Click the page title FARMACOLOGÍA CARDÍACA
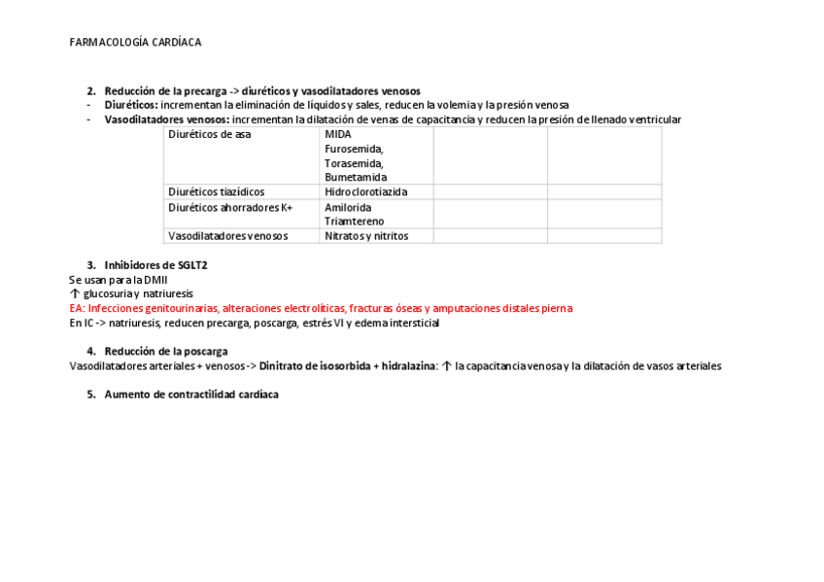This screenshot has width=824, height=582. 135,43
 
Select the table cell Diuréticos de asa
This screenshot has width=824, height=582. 209,134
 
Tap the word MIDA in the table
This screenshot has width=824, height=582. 338,134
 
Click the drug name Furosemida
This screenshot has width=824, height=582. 354,149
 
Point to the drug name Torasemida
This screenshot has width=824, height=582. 354,163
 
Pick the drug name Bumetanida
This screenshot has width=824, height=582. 356,178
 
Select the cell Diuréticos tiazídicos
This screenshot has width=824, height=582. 216,192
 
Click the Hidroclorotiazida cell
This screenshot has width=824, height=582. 365,192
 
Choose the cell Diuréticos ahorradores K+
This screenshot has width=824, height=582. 230,207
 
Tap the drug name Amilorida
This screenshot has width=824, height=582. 348,207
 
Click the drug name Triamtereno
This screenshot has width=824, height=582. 354,222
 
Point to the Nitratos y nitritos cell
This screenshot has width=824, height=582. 366,236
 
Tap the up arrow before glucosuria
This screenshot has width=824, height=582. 75,293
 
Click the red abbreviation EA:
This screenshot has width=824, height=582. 77,308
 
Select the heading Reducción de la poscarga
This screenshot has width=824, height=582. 166,352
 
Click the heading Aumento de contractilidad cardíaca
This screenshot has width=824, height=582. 191,394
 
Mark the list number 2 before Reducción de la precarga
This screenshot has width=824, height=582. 90,91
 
